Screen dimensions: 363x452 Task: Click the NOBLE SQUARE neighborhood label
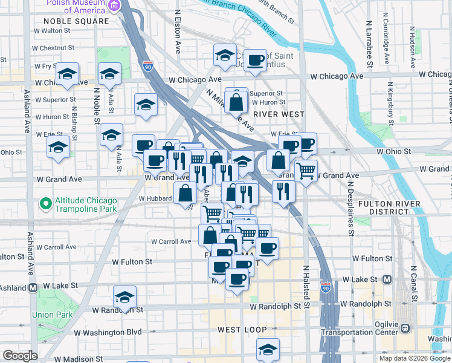tap(76, 21)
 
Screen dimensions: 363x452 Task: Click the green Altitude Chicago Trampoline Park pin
tap(44, 203)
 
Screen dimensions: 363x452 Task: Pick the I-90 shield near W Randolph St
tap(326, 289)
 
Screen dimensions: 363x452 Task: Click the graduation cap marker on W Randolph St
tap(124, 297)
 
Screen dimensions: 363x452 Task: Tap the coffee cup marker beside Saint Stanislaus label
tap(256, 60)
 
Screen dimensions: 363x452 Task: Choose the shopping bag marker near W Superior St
tap(236, 100)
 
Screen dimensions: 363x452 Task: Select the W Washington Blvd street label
tap(108, 332)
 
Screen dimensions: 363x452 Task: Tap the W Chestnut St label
tap(54, 47)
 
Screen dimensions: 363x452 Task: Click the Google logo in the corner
tap(20, 356)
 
